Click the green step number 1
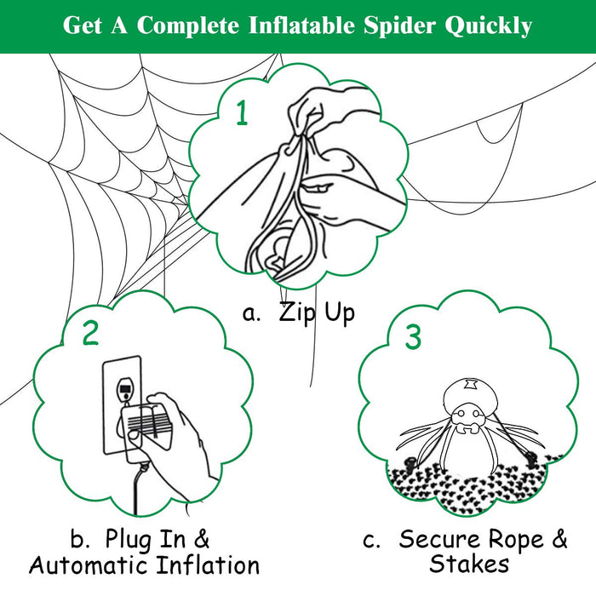click(x=242, y=112)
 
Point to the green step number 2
click(x=90, y=333)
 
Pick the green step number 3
click(x=413, y=337)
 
